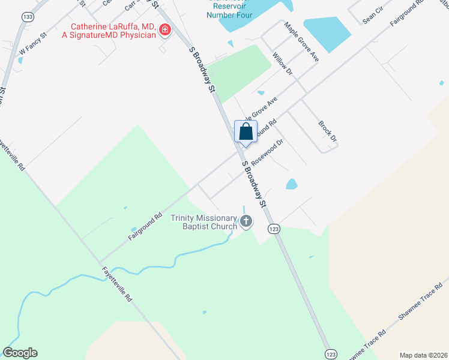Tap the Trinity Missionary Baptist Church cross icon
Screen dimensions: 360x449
pyautogui.click(x=246, y=222)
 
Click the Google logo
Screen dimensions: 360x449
pyautogui.click(x=20, y=353)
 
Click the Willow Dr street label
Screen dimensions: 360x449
pyautogui.click(x=282, y=64)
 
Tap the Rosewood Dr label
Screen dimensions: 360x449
pyautogui.click(x=267, y=152)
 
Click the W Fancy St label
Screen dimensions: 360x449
pyautogui.click(x=33, y=47)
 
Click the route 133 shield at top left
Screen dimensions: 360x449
pyautogui.click(x=27, y=17)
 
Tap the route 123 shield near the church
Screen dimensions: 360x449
pyautogui.click(x=274, y=229)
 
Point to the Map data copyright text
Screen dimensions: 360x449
pyautogui.click(x=423, y=355)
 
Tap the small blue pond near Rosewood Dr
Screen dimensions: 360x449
pyautogui.click(x=292, y=184)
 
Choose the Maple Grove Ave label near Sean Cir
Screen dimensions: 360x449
pyautogui.click(x=301, y=43)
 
